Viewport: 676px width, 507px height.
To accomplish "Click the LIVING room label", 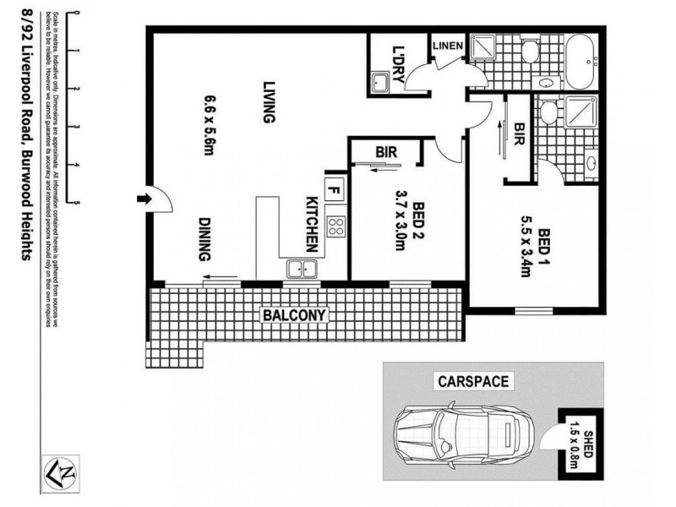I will (269, 102).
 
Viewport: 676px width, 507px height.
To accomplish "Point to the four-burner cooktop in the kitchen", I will (335, 226).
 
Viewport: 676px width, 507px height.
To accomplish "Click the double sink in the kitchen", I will (301, 269).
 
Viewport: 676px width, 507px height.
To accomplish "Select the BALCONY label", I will (294, 315).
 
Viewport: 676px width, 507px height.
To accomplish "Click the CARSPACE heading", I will (472, 381).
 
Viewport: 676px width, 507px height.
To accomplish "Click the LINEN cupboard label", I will (446, 46).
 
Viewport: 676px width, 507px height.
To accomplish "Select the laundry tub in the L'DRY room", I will (379, 81).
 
